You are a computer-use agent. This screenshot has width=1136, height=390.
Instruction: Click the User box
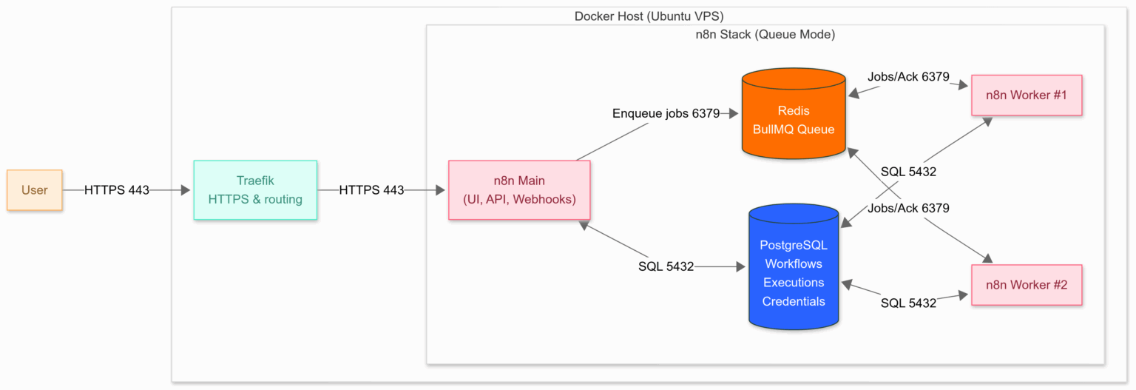35,190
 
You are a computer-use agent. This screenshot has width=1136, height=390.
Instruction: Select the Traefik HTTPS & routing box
255,190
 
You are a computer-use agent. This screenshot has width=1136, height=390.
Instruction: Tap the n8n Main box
519,190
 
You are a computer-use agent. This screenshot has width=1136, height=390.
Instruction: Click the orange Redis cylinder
794,115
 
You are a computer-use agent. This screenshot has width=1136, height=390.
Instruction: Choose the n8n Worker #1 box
1026,95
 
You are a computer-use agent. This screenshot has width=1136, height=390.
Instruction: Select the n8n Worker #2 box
1026,285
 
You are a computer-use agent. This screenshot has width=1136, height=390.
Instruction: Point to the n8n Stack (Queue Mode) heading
765,34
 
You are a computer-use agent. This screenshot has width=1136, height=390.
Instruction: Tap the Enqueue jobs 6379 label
666,113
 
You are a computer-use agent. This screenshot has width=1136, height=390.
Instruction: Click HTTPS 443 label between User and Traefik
117,190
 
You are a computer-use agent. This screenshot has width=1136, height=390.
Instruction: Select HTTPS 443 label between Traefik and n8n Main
371,190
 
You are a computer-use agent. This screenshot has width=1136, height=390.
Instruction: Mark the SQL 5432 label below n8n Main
666,266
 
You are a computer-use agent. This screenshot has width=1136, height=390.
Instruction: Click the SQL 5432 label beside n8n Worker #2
908,303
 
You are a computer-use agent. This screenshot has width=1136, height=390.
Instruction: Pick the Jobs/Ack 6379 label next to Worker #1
908,77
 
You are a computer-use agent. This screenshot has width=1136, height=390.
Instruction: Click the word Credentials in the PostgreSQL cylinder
794,301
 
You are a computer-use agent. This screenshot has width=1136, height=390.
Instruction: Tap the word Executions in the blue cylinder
794,283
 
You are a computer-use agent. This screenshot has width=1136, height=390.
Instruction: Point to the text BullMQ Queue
794,130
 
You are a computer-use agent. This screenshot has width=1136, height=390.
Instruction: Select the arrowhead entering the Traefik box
186,190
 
